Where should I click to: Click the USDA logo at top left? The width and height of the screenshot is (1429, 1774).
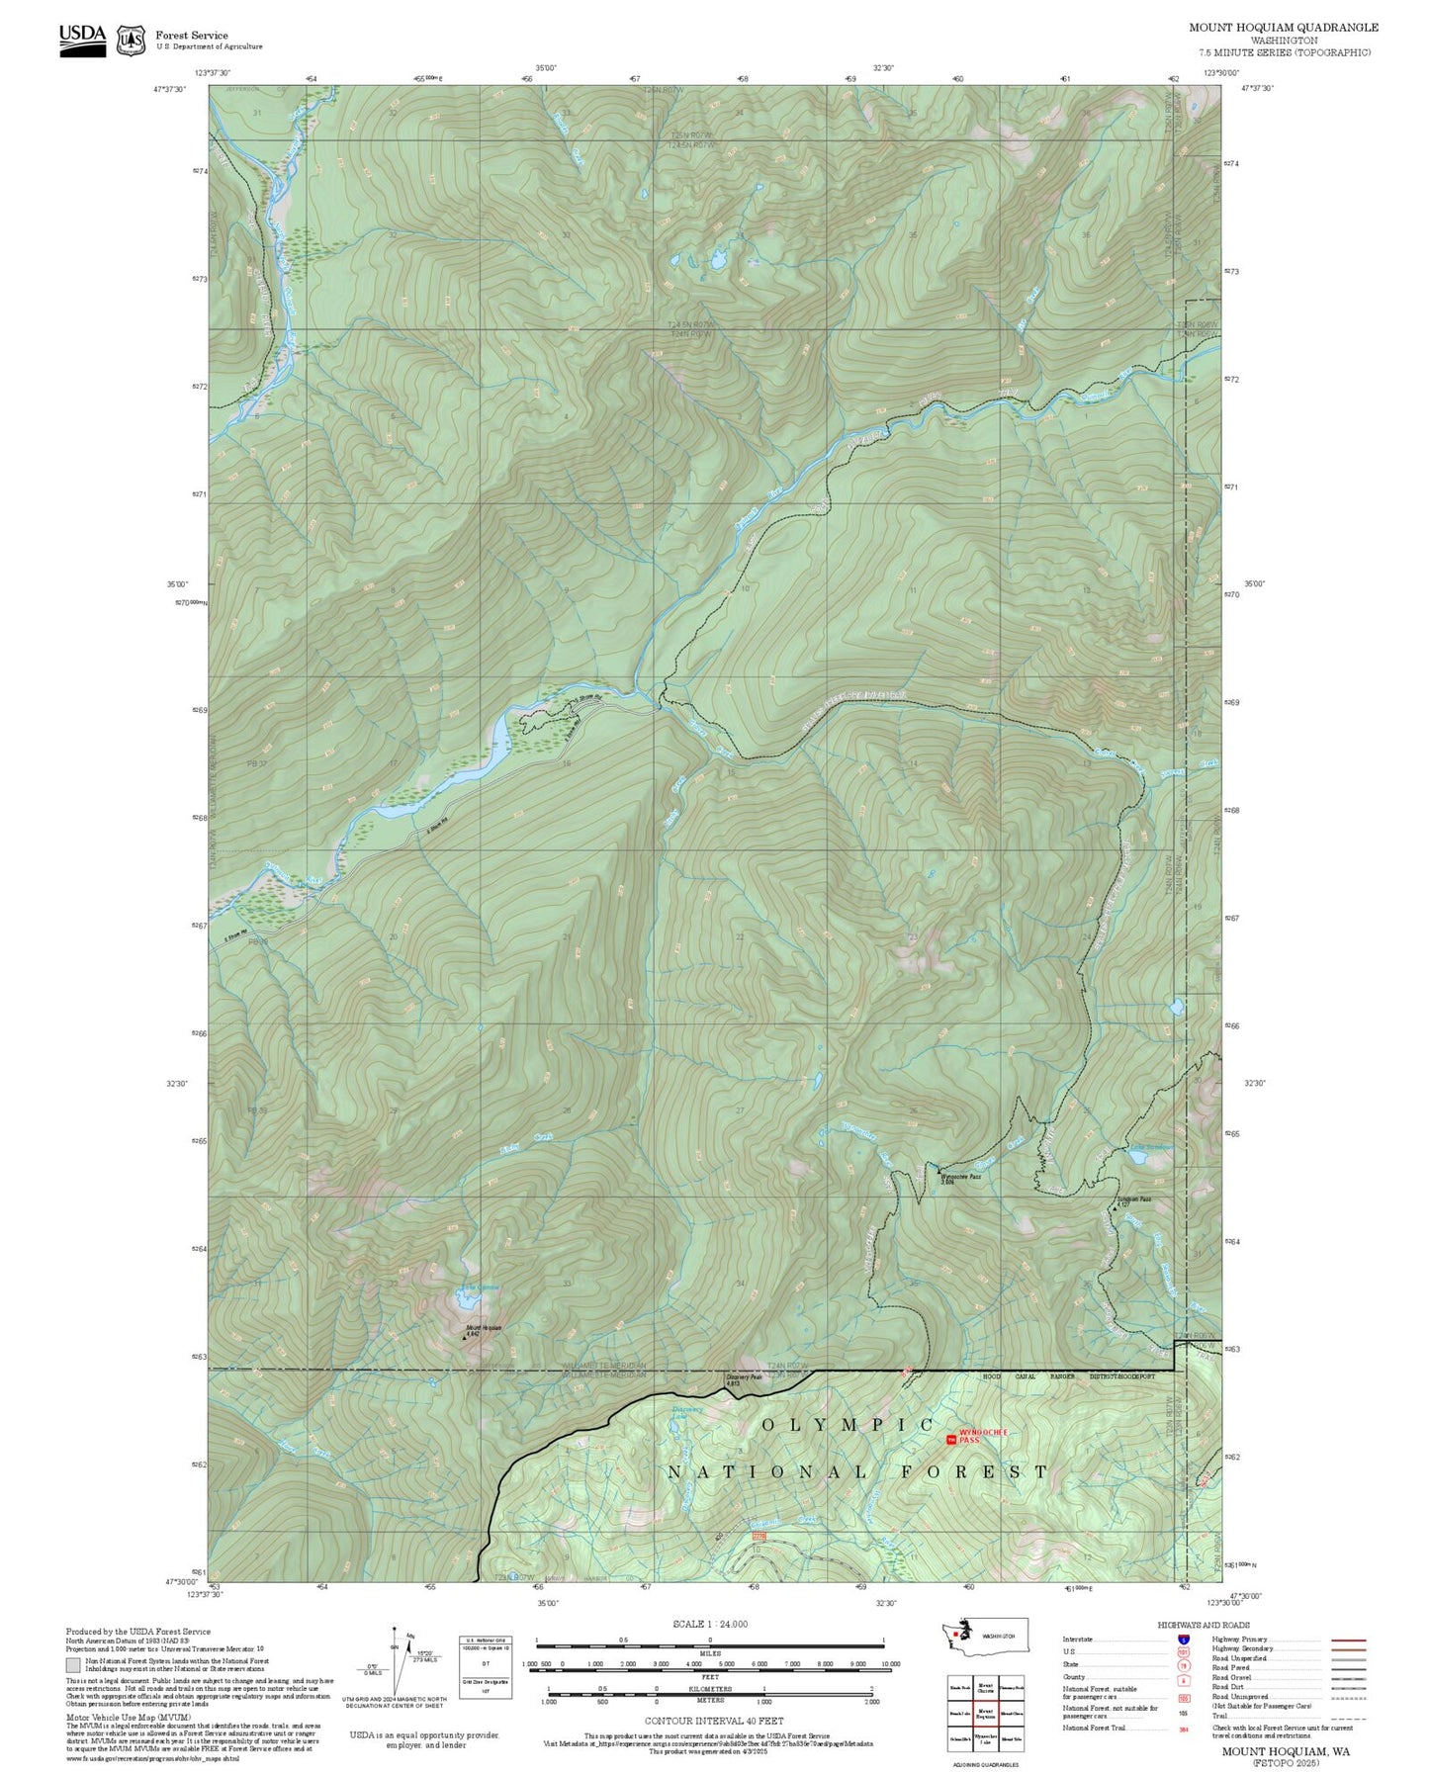[82, 40]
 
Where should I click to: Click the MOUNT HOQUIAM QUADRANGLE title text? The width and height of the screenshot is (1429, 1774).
[1284, 28]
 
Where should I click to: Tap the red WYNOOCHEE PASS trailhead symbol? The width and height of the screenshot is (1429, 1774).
[952, 1440]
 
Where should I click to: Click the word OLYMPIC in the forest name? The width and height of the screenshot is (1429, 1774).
[848, 1424]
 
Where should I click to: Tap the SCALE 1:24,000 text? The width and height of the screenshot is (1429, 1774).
[709, 1624]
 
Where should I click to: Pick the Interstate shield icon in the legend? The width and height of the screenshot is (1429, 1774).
[1183, 1640]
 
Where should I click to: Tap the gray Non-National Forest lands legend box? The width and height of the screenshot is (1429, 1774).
[73, 1664]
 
